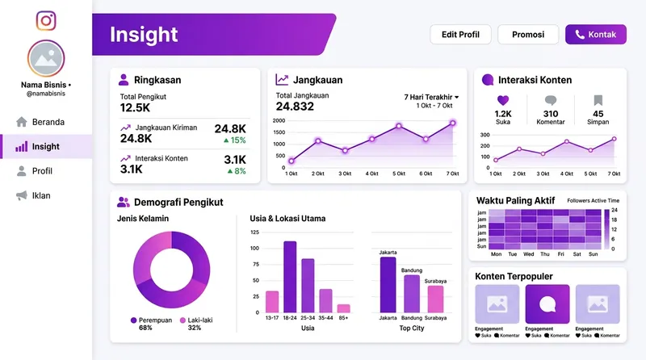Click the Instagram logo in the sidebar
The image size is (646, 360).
[x=46, y=20]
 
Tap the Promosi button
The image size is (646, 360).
[x=528, y=35]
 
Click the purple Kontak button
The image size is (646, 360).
[x=596, y=35]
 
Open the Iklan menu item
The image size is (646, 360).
[x=40, y=195]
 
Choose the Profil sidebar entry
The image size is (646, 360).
[x=41, y=171]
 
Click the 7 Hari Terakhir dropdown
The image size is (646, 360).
[x=431, y=97]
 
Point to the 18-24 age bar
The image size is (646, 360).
[x=290, y=277]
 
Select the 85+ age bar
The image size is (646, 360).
[x=343, y=308]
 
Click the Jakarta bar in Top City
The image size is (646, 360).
[x=388, y=284]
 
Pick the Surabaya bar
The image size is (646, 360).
[x=435, y=299]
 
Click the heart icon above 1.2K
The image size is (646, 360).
[x=503, y=101]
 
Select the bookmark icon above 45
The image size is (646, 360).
[x=598, y=101]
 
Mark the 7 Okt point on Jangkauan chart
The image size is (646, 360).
[x=452, y=123]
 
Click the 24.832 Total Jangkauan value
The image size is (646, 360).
[x=295, y=107]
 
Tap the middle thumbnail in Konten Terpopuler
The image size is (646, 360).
[x=547, y=303]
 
